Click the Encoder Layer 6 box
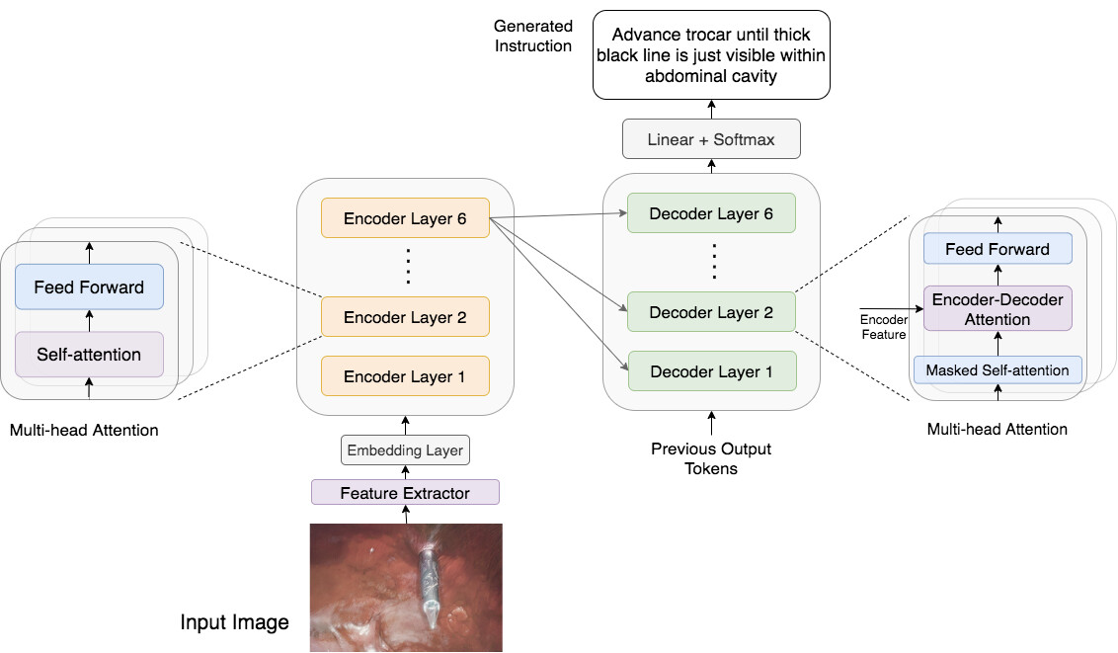[405, 218]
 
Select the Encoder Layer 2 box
[405, 317]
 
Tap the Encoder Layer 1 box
[405, 376]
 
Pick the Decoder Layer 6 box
[711, 213]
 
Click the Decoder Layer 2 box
[711, 312]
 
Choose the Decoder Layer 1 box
[711, 371]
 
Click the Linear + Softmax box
[711, 139]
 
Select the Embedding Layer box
[404, 450]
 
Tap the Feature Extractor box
[405, 492]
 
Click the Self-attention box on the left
[89, 354]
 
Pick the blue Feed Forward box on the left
[89, 287]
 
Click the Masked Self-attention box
[998, 370]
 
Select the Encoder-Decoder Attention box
[998, 309]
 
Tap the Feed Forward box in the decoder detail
[998, 249]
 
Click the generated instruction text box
[711, 54]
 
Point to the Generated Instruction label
[533, 37]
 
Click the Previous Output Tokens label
[711, 458]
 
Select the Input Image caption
[234, 622]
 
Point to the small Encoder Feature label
[883, 327]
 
